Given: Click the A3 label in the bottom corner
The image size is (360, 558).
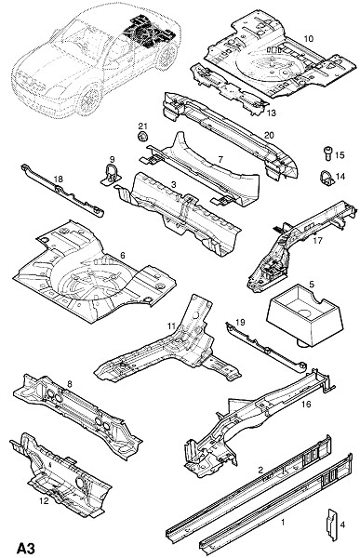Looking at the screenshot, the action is point(26,548).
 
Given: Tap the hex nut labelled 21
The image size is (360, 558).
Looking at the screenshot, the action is point(142,136).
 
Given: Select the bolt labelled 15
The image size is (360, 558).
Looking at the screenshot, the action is point(328,154).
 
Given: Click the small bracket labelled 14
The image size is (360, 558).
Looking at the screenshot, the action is point(327,178).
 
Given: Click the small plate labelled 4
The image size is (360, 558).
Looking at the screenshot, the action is point(331,525).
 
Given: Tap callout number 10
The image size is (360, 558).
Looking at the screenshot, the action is point(309,38).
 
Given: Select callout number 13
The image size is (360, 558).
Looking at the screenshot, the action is point(271,113).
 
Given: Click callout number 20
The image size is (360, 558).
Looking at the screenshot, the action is point(269,135).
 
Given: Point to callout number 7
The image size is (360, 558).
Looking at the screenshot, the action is point(220,159).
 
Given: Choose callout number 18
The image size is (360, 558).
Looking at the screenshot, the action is point(58,179).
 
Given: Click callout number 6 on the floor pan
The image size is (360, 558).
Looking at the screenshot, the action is point(123,255).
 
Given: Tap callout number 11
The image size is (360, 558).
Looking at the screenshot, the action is point(172,326).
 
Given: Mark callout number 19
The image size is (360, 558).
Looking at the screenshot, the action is point(240,322).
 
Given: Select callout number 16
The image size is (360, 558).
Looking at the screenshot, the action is point(306,405).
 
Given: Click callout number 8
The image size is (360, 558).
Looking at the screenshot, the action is point(70,383).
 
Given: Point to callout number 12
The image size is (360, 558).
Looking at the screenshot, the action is point(44,500).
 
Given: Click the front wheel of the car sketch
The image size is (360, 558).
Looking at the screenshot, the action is point(87,100).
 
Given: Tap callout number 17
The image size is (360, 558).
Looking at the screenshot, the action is point(317,241).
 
